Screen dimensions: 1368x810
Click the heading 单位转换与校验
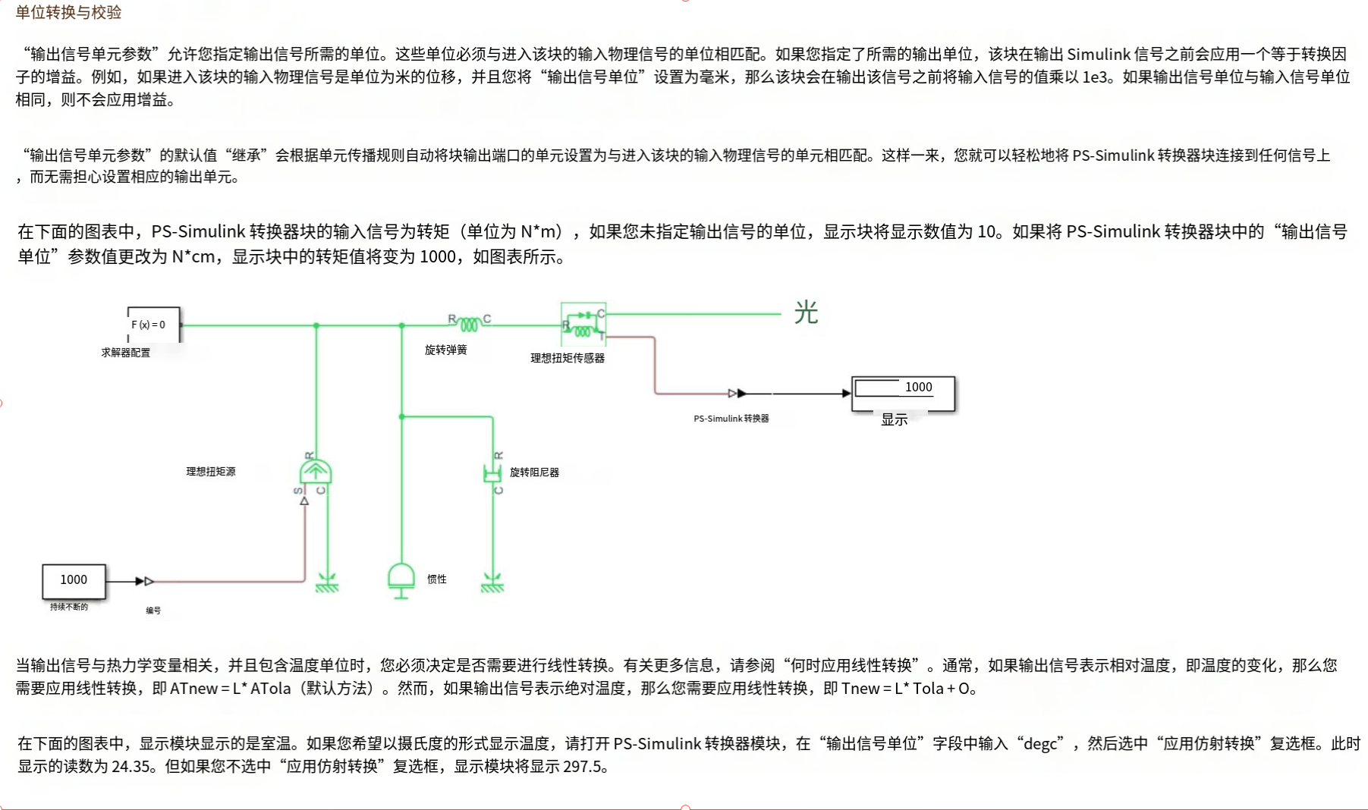point(68,12)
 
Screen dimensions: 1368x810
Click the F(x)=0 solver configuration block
point(153,325)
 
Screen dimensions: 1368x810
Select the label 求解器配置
point(126,353)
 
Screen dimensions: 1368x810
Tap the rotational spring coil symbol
point(469,324)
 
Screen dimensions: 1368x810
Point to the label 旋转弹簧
point(445,350)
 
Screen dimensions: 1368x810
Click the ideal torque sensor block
point(583,324)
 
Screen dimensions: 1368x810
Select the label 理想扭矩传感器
point(567,358)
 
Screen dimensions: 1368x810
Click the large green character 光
point(806,312)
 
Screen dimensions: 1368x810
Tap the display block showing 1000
point(903,393)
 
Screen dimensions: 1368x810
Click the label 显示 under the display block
point(894,419)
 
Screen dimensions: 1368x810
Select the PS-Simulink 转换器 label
point(731,419)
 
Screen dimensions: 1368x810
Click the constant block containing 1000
point(74,581)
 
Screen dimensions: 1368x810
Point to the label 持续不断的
point(68,607)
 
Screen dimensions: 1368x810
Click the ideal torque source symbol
point(315,472)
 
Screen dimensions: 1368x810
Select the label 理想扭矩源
point(211,472)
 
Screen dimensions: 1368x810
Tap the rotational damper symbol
point(492,473)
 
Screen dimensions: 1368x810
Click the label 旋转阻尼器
point(534,472)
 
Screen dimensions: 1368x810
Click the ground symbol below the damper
point(492,583)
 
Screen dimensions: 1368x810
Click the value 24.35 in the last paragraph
point(131,767)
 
